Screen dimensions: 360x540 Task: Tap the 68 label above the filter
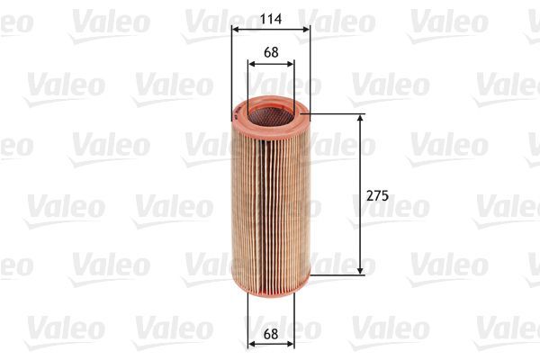click(x=270, y=51)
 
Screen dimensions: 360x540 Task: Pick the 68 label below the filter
click(x=270, y=334)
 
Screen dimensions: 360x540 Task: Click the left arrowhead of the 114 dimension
click(x=236, y=29)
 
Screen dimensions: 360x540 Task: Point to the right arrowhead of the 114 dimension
click(x=306, y=29)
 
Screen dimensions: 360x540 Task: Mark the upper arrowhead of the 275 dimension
click(x=361, y=120)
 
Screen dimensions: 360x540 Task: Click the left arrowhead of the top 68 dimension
click(x=251, y=64)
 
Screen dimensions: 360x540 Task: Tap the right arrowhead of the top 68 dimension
click(x=289, y=64)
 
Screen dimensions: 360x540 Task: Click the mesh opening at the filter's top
click(x=270, y=111)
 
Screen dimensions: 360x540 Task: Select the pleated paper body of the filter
click(x=270, y=198)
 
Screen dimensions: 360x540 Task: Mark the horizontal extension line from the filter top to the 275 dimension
click(x=337, y=114)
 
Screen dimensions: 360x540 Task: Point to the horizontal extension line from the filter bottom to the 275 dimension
click(x=337, y=274)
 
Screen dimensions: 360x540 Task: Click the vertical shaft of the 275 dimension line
click(x=361, y=162)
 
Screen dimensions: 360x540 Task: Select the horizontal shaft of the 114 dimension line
click(x=270, y=29)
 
